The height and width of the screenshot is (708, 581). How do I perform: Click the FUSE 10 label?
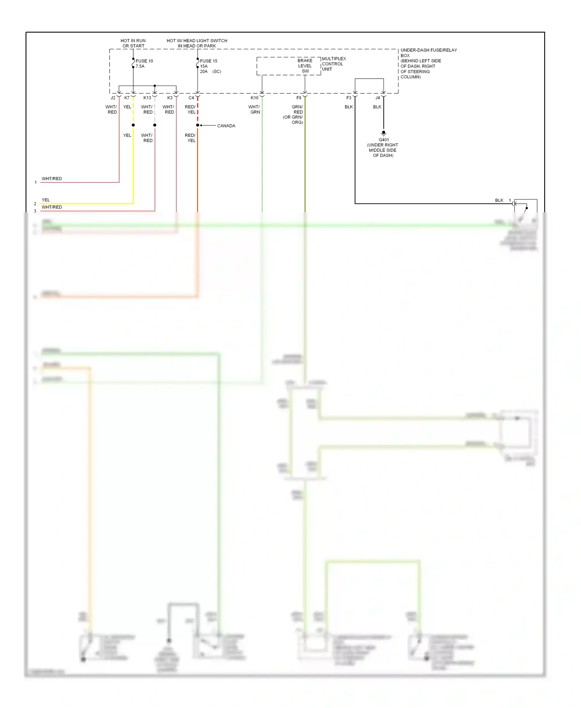(144, 61)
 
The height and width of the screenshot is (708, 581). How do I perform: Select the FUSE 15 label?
(208, 61)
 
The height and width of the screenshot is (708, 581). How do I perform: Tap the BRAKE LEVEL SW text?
(305, 66)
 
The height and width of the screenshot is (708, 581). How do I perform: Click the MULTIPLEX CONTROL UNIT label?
(333, 64)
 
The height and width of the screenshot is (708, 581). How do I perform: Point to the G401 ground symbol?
(383, 133)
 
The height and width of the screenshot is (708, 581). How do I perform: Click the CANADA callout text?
(226, 126)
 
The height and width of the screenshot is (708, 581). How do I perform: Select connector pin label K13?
(147, 98)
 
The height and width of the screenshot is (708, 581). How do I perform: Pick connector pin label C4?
(191, 98)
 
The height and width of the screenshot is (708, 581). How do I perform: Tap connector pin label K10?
(254, 98)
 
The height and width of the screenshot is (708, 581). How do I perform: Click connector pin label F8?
(299, 98)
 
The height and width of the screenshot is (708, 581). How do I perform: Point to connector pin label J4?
(377, 98)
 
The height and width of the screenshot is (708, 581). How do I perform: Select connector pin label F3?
(349, 98)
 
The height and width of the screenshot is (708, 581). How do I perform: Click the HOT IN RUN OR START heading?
(133, 43)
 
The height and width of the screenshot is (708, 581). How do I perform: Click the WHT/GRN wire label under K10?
(254, 110)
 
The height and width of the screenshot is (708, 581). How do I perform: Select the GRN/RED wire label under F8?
(297, 110)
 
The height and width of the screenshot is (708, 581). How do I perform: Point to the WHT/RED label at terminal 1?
(52, 179)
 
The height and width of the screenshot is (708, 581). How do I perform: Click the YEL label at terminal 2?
(46, 200)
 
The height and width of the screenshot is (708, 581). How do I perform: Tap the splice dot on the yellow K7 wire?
(133, 125)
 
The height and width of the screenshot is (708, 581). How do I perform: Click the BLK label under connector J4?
(377, 107)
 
